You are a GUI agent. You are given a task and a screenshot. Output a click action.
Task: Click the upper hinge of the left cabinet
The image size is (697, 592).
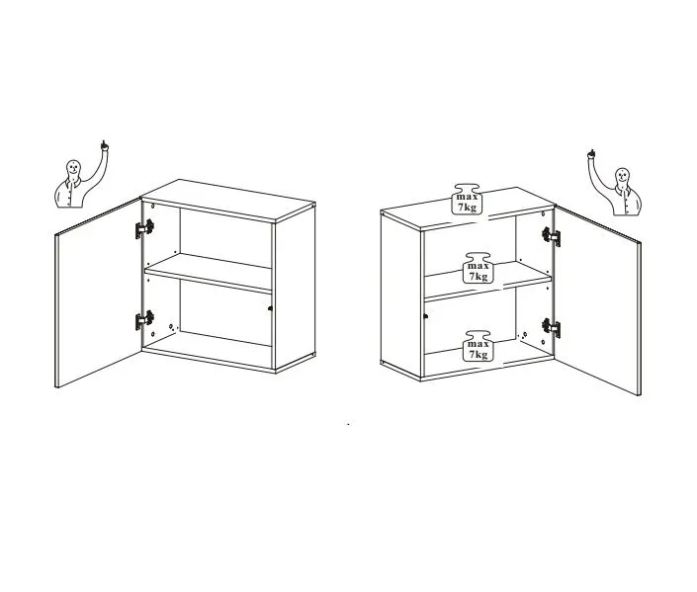point(145,228)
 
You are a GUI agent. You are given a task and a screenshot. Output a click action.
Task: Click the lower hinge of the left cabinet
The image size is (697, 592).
point(145,320)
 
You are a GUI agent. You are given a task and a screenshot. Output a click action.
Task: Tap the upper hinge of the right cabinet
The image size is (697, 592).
point(552,236)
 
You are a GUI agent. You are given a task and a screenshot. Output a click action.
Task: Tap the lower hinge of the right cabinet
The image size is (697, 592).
point(552,328)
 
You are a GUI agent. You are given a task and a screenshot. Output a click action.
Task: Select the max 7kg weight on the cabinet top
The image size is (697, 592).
point(467,199)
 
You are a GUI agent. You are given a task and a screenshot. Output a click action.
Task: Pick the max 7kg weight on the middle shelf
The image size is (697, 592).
point(478,268)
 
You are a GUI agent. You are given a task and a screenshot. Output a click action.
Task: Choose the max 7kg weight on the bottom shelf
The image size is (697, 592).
point(478,346)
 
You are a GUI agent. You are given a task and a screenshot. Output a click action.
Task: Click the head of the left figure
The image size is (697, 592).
point(73,168)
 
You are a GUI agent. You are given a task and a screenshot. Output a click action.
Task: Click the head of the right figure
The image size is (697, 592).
point(622,176)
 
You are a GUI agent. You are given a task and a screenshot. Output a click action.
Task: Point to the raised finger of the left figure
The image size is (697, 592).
point(104,145)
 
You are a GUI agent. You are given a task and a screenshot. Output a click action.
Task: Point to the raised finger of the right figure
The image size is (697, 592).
point(591,154)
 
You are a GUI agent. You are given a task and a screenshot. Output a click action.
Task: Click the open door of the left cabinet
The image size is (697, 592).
point(98,294)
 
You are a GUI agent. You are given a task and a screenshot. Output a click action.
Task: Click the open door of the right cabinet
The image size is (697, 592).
point(597,300)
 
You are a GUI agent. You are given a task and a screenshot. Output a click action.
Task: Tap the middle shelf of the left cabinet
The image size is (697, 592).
point(208,273)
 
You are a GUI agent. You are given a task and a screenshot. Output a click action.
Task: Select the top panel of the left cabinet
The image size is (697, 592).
point(228,201)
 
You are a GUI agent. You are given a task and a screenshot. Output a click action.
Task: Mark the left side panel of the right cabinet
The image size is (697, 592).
point(400,296)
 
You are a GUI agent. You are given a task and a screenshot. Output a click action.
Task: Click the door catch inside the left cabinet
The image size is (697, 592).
point(270,308)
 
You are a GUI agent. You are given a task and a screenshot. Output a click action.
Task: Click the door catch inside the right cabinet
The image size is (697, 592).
point(426,316)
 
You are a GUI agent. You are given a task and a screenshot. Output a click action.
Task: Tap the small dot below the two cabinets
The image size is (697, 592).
point(348,424)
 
